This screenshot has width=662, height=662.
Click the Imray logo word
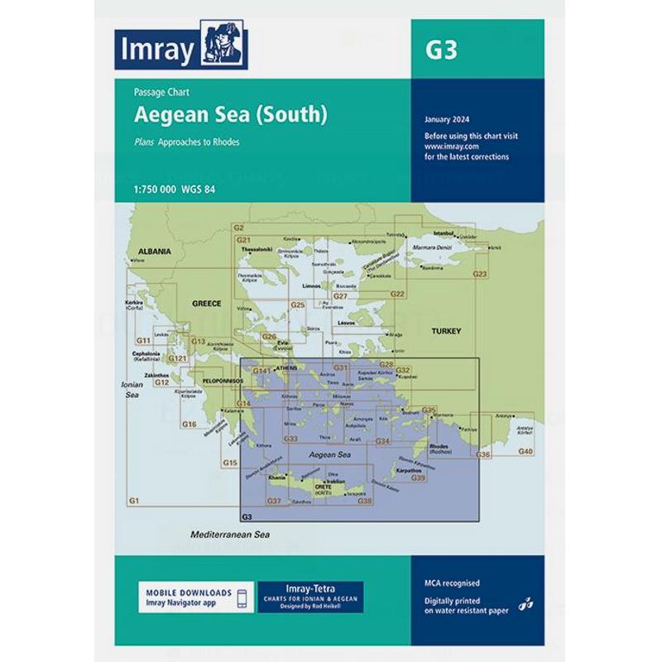point(156,50)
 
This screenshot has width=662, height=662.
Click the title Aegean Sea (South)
point(231,115)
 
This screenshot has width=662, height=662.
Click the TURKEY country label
point(445,331)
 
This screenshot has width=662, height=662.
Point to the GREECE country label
point(206,304)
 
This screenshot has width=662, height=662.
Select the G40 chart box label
point(525,451)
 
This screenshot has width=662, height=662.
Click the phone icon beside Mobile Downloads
point(242,598)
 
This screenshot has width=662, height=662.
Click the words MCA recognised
point(451,583)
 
